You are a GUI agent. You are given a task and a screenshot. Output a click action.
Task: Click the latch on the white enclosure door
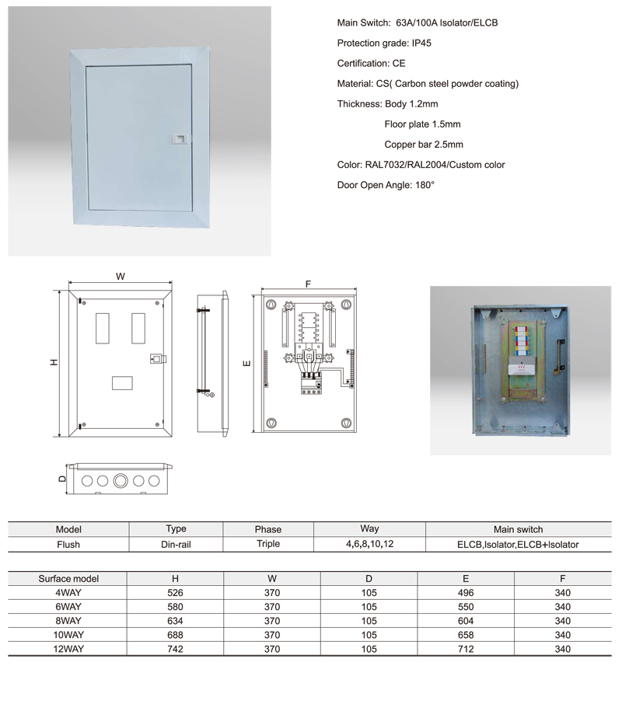tap(177, 137)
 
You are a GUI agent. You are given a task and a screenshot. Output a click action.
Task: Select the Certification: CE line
tap(371, 64)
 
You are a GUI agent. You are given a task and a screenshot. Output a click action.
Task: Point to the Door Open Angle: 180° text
tap(386, 185)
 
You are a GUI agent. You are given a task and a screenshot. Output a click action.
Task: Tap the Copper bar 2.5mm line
tap(424, 145)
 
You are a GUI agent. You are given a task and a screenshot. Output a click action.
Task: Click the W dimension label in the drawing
tap(121, 277)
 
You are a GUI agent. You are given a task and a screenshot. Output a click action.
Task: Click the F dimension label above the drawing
tap(308, 284)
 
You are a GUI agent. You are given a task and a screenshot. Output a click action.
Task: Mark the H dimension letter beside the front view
tap(54, 363)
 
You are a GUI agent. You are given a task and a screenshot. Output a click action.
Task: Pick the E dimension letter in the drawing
tap(246, 363)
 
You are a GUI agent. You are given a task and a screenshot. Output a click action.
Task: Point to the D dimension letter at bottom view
tap(62, 479)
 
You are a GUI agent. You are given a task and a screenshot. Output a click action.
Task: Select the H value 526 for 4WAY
tap(175, 593)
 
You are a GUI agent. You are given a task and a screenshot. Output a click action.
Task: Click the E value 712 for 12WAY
tap(466, 649)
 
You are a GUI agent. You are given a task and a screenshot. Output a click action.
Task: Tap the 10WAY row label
tap(68, 635)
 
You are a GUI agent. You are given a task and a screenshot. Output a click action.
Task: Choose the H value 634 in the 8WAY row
tap(175, 621)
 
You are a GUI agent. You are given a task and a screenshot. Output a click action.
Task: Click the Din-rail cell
tap(176, 545)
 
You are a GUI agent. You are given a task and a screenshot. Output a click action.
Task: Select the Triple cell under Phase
tap(268, 544)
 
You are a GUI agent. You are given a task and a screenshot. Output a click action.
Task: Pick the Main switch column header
tap(518, 529)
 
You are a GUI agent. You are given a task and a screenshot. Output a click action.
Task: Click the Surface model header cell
tap(68, 579)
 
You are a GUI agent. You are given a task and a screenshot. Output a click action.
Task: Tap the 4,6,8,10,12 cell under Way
tap(369, 544)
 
